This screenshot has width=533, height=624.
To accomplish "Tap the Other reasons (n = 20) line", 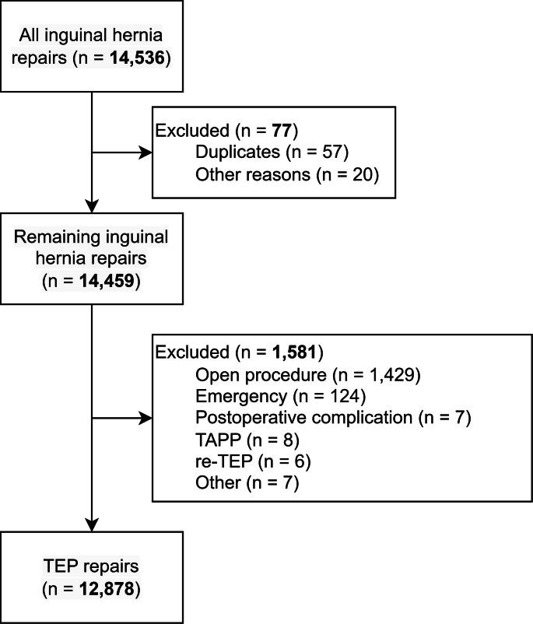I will [x=287, y=175].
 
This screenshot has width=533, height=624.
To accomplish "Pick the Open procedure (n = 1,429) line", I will [x=308, y=375].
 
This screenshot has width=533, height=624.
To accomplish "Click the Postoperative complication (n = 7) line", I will [x=334, y=418].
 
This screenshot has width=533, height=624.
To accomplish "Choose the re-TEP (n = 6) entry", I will [x=253, y=461].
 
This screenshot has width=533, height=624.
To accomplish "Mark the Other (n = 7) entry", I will [x=247, y=482].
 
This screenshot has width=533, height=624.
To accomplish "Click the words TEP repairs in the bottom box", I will [x=92, y=566].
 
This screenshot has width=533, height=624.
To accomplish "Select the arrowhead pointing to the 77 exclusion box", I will [x=145, y=152].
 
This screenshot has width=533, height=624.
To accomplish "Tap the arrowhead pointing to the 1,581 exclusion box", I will [x=145, y=418].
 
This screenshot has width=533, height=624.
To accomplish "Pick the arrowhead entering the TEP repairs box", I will [x=92, y=524].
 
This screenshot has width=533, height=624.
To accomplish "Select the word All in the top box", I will [x=33, y=36].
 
